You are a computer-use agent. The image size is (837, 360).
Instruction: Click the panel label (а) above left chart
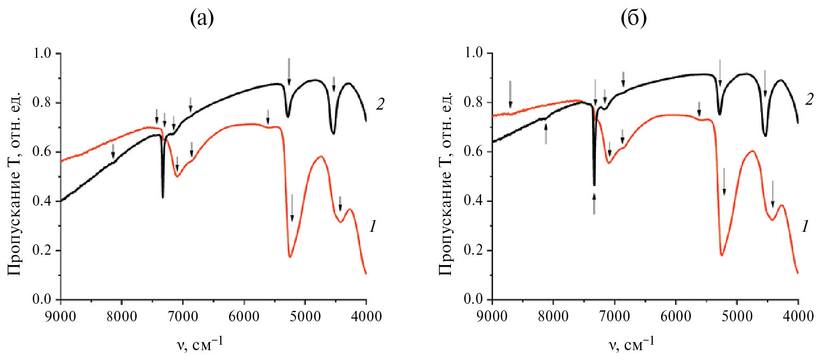[201, 20]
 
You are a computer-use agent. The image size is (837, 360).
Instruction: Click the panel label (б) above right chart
[633, 20]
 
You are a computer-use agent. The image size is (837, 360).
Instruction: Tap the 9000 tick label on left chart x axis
[61, 316]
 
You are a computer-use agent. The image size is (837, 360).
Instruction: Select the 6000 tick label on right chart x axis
[676, 316]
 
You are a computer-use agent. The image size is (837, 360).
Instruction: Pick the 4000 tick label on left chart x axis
[366, 316]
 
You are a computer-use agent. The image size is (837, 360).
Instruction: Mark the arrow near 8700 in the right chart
[510, 94]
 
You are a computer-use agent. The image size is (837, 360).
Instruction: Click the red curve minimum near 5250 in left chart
[290, 256]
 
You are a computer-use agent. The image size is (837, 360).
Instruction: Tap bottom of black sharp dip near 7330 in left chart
[162, 197]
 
